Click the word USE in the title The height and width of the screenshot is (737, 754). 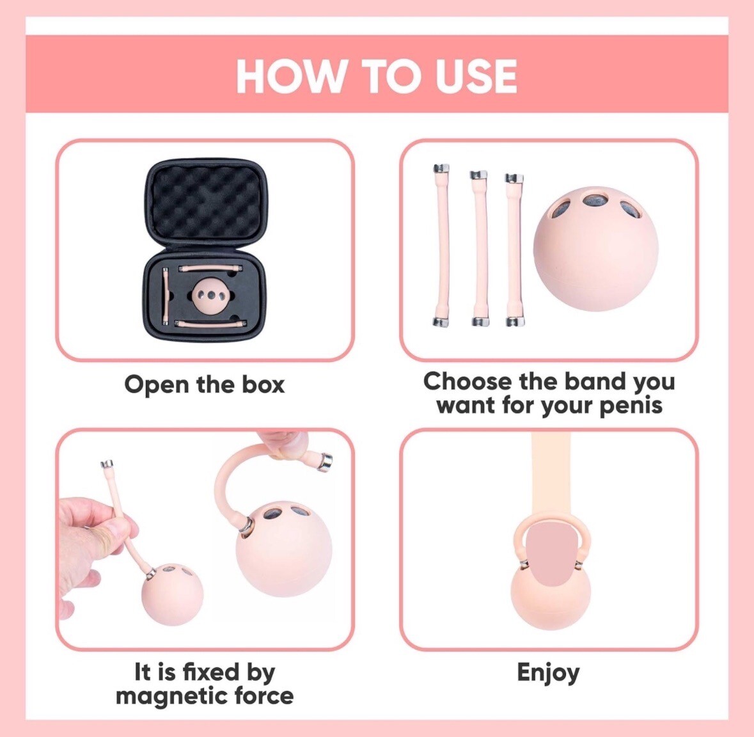(476, 76)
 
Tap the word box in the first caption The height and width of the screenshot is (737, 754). (263, 384)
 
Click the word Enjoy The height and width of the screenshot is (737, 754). (548, 672)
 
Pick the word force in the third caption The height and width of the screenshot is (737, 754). (264, 696)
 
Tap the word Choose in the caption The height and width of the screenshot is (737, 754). (460, 381)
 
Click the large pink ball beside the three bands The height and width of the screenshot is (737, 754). (595, 249)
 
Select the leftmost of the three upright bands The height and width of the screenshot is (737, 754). (442, 246)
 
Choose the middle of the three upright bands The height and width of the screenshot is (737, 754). (479, 248)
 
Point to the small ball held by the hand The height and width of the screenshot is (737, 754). (172, 594)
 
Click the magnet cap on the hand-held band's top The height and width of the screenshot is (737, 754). (107, 464)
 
